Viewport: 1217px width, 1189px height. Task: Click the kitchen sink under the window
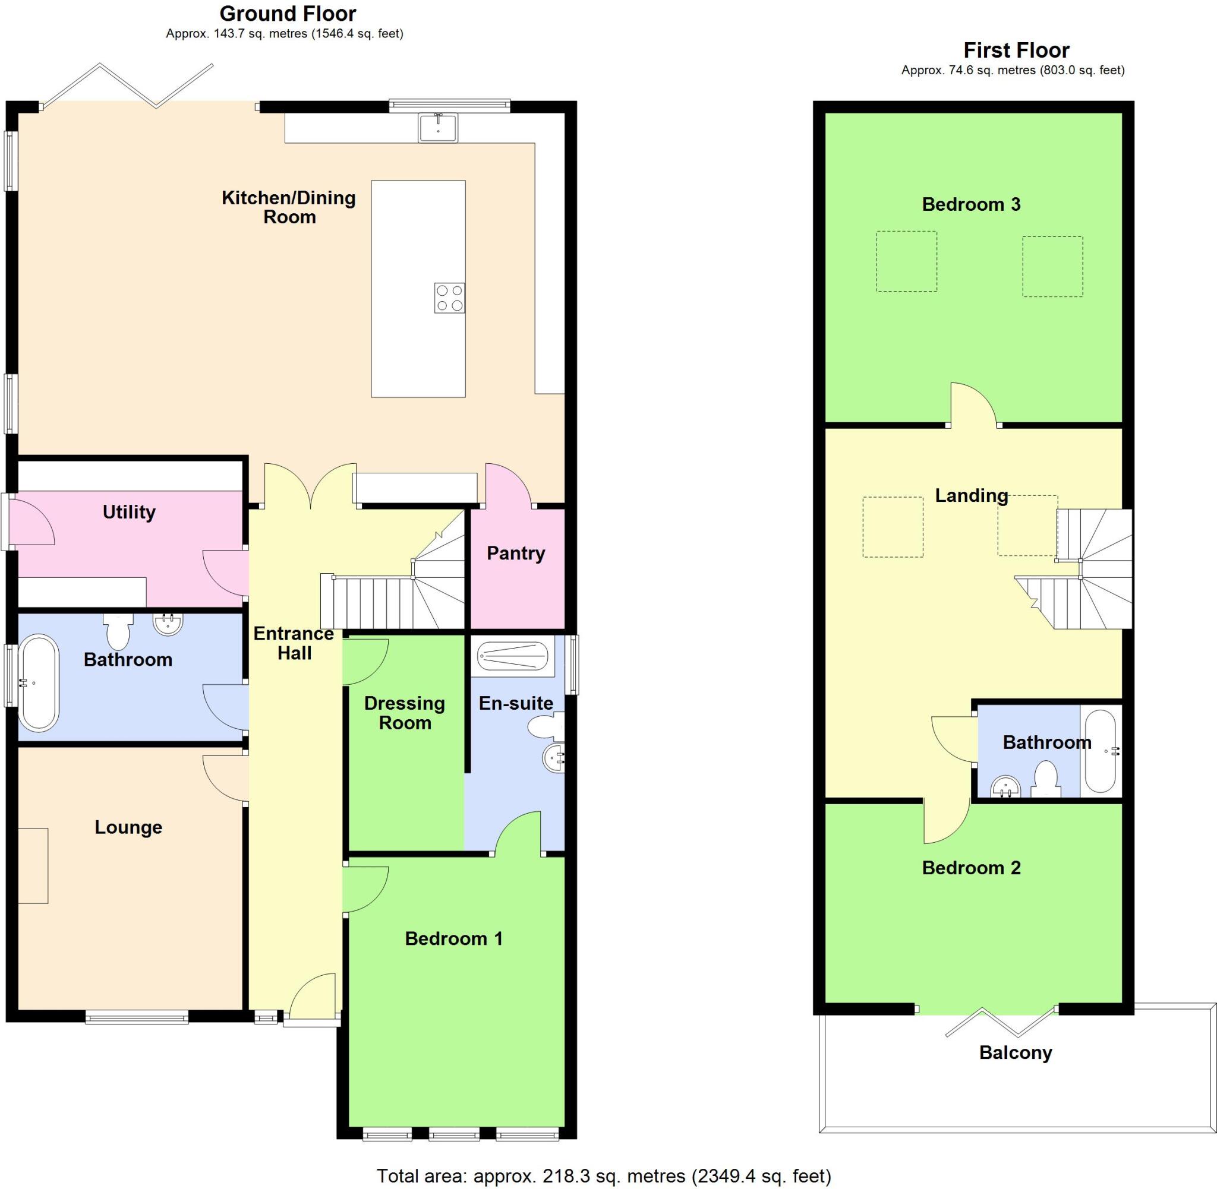[x=438, y=128]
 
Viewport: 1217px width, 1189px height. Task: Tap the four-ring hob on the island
[x=450, y=298]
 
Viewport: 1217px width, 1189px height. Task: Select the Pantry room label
[x=515, y=554]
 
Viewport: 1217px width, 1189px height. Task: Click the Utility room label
[x=129, y=512]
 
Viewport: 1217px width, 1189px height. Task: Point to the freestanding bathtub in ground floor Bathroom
[x=39, y=682]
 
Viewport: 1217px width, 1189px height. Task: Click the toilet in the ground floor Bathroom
[x=118, y=631]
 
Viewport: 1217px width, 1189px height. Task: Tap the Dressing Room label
[x=405, y=713]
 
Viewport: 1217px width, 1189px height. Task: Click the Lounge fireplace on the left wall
[x=33, y=865]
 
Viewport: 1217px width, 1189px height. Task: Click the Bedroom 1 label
[x=453, y=938]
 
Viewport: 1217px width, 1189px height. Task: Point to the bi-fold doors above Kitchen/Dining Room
[x=128, y=86]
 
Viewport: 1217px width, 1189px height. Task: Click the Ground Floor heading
[x=288, y=14]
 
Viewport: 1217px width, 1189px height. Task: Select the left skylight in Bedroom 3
[x=906, y=261]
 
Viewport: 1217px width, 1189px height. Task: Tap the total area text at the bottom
[x=604, y=1176]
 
